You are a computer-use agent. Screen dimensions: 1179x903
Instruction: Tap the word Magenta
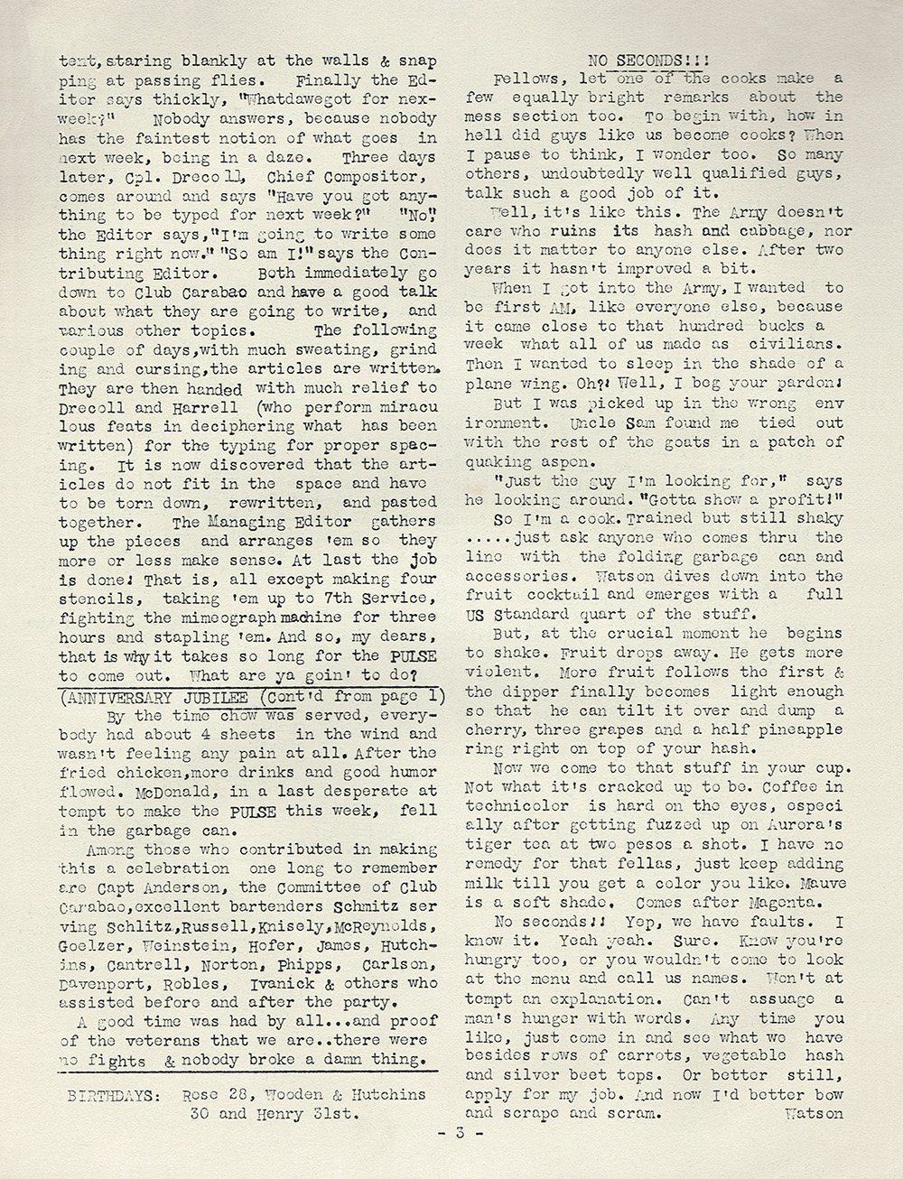point(774,900)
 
